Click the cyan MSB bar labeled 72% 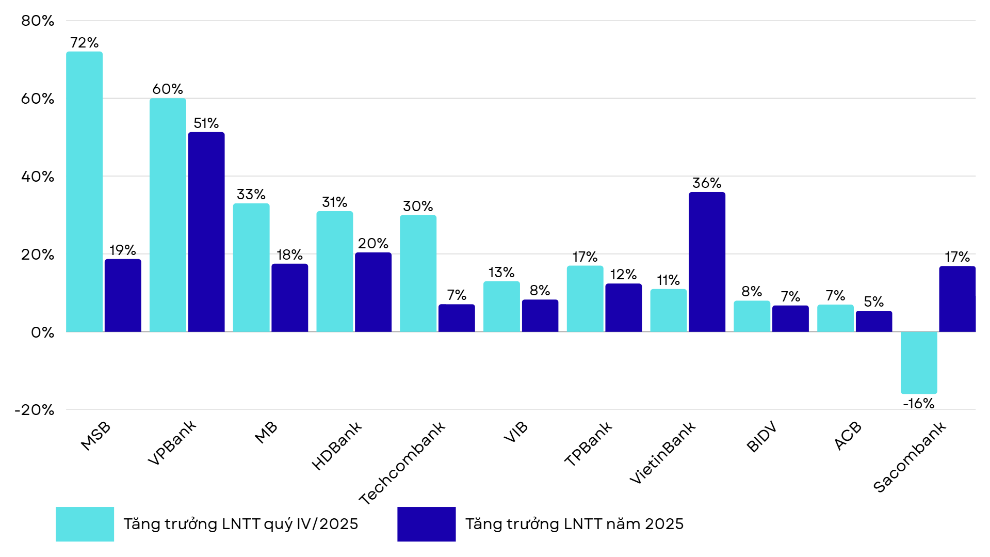(x=84, y=192)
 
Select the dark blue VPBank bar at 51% (x=206, y=232)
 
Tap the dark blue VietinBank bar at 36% (x=706, y=262)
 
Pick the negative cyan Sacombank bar (x=918, y=362)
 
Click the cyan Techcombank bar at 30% (x=418, y=273)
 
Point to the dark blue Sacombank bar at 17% (x=957, y=299)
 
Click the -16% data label (x=918, y=404)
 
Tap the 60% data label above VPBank (x=168, y=89)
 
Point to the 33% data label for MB (x=251, y=195)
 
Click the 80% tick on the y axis (x=38, y=21)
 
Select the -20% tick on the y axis (x=35, y=410)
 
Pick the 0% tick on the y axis (x=42, y=332)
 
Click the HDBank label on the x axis (x=337, y=445)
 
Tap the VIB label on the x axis (x=516, y=432)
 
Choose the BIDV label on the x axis (x=761, y=437)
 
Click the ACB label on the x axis (x=848, y=436)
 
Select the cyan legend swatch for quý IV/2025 (x=85, y=524)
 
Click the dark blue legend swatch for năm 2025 (x=426, y=524)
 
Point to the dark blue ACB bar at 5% (x=873, y=321)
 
